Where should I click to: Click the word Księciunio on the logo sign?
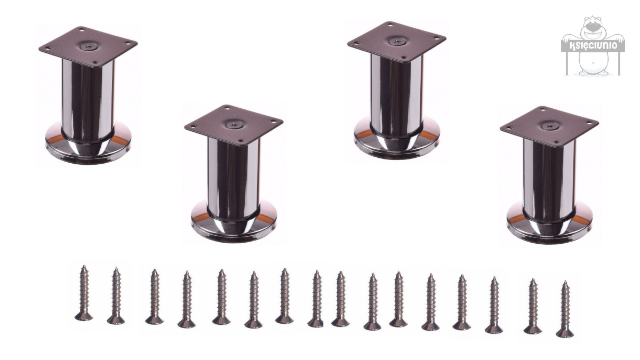(x=594, y=46)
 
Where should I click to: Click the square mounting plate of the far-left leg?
(x=88, y=46)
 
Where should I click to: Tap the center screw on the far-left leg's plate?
(x=87, y=46)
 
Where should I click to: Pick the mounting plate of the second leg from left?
(x=234, y=125)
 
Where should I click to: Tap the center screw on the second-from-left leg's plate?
(x=233, y=124)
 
